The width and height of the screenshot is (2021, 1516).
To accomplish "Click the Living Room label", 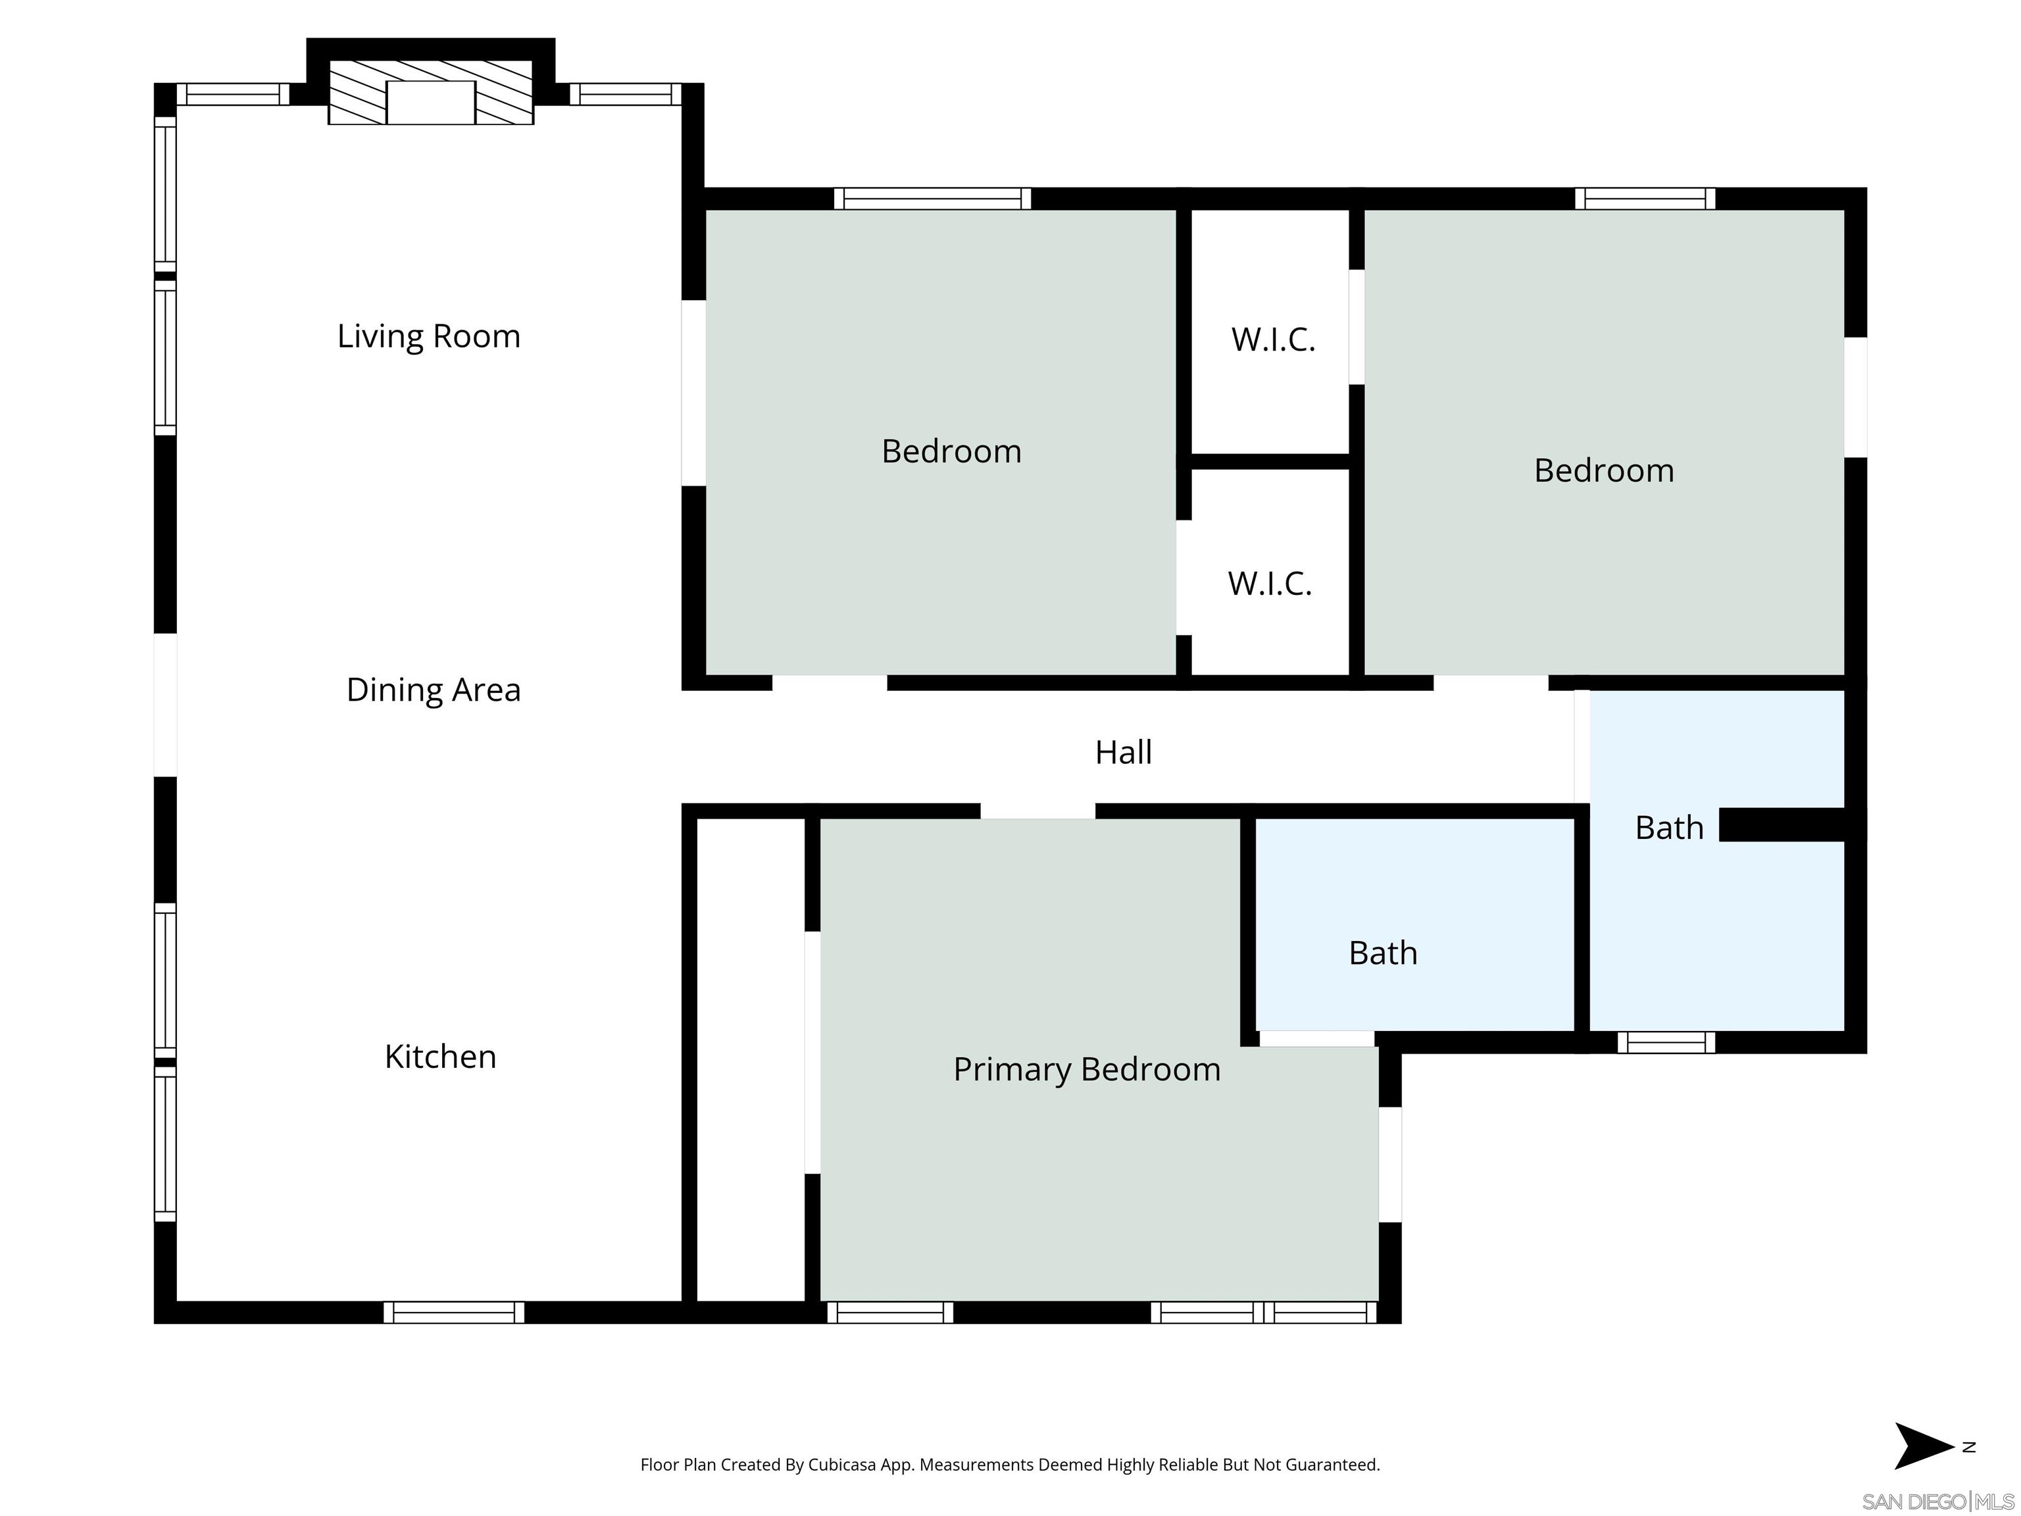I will (x=428, y=336).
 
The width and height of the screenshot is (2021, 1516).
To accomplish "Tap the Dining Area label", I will (x=433, y=690).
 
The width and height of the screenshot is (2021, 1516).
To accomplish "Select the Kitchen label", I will (x=439, y=1056).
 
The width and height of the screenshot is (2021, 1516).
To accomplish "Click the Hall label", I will (x=1123, y=752).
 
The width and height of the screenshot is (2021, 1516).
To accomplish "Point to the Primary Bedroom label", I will (x=1086, y=1069).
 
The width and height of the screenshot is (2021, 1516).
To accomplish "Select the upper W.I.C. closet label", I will (x=1273, y=340).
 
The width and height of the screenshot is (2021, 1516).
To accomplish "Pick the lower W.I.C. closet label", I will (x=1269, y=583).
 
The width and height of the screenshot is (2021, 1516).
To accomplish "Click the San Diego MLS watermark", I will (x=1937, y=1502).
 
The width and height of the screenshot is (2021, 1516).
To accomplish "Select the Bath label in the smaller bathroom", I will (x=1382, y=953).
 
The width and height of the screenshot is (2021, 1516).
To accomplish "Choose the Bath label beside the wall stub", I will (x=1668, y=828).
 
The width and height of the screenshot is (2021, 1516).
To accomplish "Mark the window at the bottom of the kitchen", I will (x=453, y=1312).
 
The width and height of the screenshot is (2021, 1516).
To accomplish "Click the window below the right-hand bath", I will (x=1666, y=1042).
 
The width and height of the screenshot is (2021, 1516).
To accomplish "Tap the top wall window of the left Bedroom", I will (x=932, y=198).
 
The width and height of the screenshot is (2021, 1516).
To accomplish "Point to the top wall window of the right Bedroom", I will (x=1645, y=198).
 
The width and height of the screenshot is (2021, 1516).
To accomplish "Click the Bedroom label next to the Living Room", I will (x=951, y=451).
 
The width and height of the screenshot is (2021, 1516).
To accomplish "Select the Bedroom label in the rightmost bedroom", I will (x=1603, y=470).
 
